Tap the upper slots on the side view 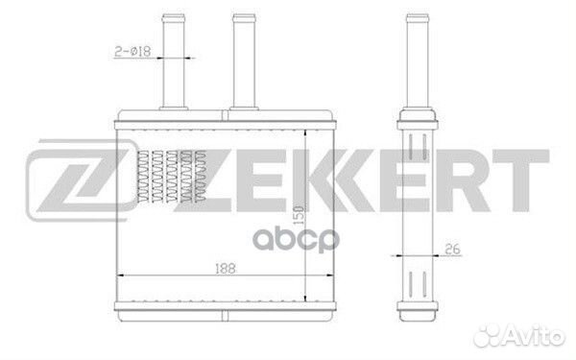[417, 150]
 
